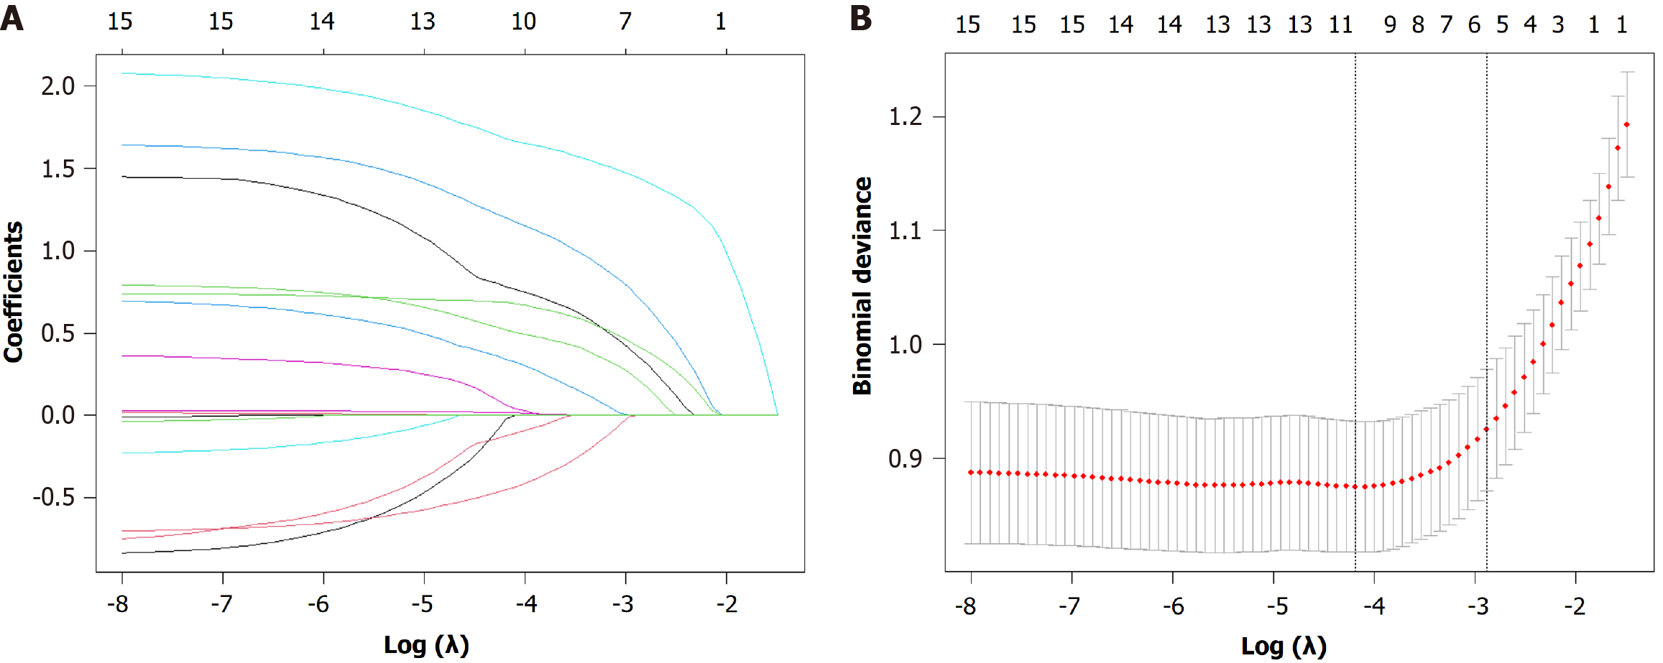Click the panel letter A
[x=11, y=18]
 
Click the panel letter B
[x=860, y=18]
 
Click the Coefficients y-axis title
[x=14, y=292]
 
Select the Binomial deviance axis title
[x=862, y=286]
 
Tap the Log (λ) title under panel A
[x=426, y=644]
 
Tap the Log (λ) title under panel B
[x=1284, y=646]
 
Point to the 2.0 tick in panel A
[x=58, y=86]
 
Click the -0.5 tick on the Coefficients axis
[x=54, y=497]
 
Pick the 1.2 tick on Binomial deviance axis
[x=906, y=116]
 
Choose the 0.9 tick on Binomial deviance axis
[x=906, y=458]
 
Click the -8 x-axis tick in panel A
[x=119, y=604]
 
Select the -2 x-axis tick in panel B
[x=1575, y=606]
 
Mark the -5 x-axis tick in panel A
[x=423, y=604]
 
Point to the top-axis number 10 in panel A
[x=524, y=22]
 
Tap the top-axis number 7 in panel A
[x=625, y=22]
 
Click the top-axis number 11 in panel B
[x=1341, y=25]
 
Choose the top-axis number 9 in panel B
[x=1391, y=25]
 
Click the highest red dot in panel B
[x=1626, y=125]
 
